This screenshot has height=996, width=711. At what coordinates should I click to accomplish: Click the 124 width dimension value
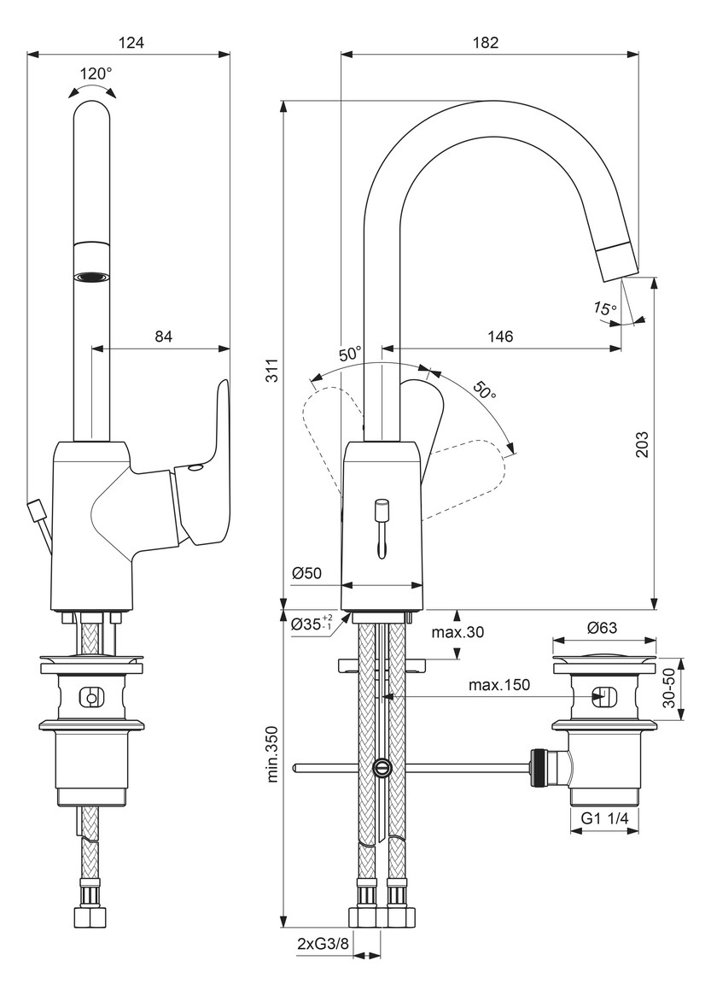(132, 44)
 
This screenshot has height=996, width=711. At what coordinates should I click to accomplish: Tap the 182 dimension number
(487, 44)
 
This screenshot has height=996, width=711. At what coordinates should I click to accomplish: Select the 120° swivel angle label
(96, 73)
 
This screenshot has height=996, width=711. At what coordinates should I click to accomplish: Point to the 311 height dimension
(271, 370)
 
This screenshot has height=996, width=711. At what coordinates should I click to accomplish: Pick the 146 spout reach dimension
(500, 336)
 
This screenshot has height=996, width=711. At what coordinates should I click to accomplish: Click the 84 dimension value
(164, 336)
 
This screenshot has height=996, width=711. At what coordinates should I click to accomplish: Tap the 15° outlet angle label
(605, 308)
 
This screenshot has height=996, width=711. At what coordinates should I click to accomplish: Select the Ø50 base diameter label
(307, 573)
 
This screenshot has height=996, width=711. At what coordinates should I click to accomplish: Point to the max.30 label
(457, 632)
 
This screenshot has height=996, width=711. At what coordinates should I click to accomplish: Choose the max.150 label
(499, 685)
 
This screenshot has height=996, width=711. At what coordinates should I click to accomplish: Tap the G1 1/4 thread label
(605, 818)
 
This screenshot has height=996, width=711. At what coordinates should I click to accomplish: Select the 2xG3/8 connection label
(323, 944)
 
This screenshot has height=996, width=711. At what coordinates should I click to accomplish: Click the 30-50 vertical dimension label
(667, 689)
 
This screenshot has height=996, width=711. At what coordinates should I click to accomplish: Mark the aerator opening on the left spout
(92, 276)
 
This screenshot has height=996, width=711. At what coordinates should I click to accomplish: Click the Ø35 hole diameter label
(312, 624)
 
